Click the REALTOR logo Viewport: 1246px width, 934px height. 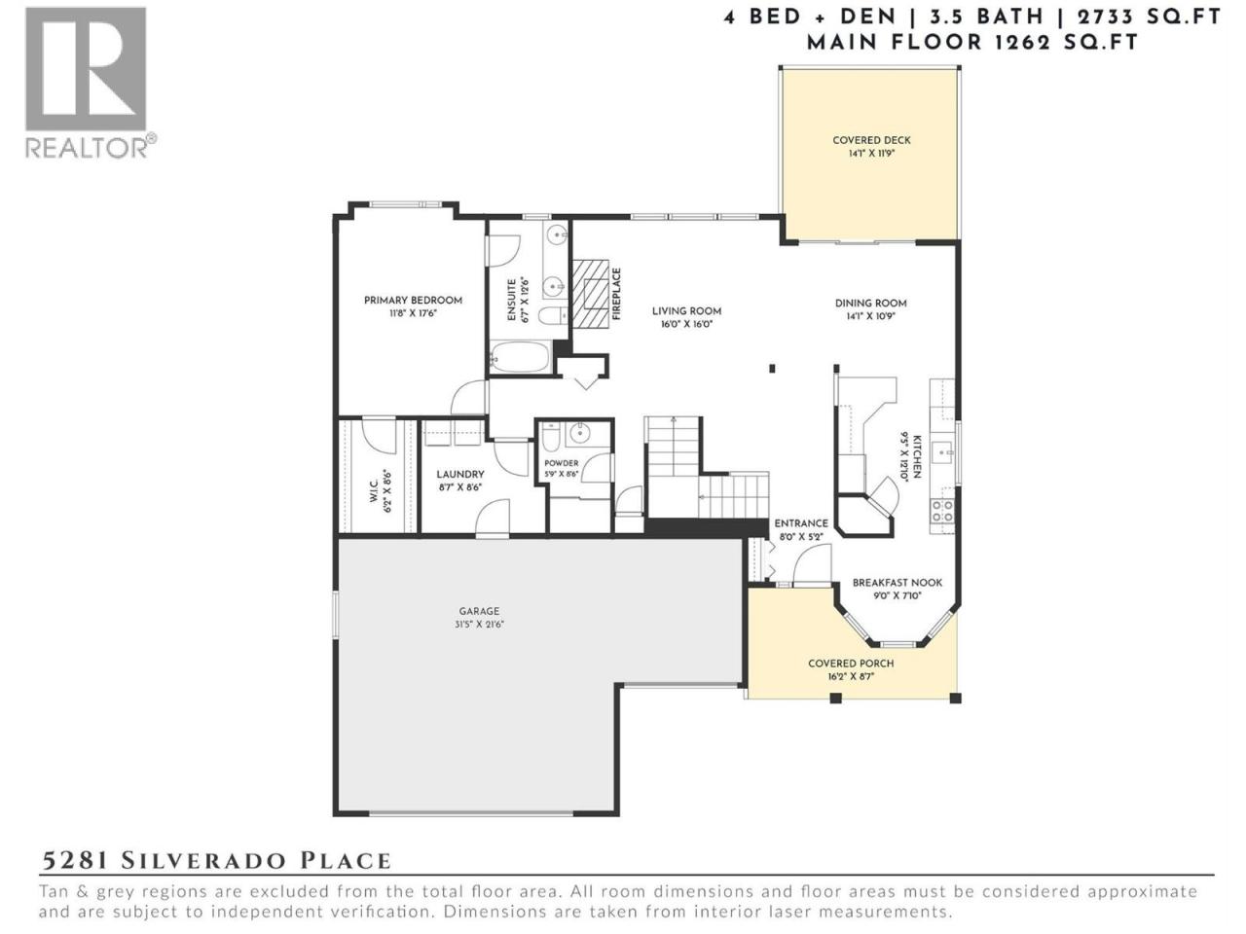tap(91, 83)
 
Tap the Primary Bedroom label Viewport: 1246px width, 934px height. tap(413, 300)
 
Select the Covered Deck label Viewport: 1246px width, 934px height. tap(871, 140)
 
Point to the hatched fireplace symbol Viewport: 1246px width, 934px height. tap(590, 294)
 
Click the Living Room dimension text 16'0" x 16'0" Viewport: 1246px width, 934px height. tap(686, 324)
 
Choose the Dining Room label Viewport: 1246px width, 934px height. tap(870, 304)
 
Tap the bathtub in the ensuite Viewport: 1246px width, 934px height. tap(520, 357)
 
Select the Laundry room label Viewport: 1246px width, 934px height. tap(459, 474)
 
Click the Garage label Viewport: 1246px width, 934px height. tap(479, 611)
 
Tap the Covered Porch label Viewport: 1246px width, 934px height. tap(851, 664)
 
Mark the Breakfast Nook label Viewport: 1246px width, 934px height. tap(897, 583)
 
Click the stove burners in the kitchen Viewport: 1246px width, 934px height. tap(941, 512)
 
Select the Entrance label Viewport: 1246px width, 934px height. tap(801, 523)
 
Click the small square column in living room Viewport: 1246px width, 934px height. tap(772, 368)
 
